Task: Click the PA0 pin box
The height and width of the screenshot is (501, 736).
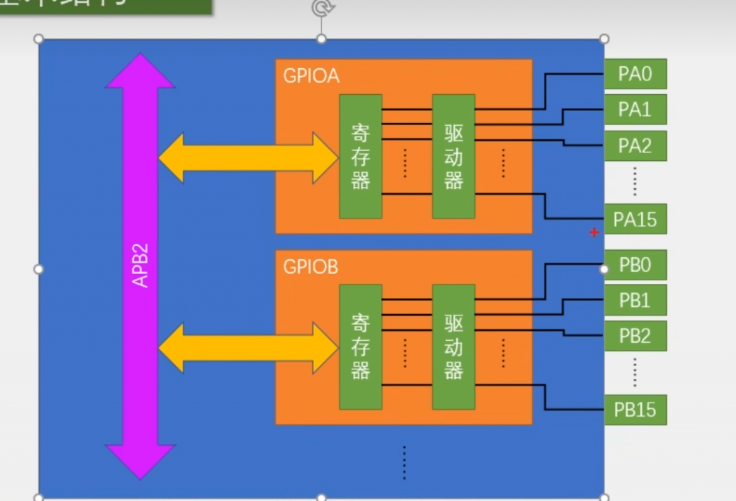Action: coord(635,73)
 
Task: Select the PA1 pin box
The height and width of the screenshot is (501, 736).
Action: coord(635,109)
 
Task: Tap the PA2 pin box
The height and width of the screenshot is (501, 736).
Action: coord(635,145)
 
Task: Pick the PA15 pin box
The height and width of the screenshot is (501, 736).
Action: coord(635,219)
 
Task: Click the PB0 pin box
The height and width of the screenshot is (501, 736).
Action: coord(635,265)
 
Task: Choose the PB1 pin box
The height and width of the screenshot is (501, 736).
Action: coord(635,300)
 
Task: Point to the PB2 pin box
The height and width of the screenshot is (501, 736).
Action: coord(635,336)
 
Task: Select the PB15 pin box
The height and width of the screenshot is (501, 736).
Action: coord(635,410)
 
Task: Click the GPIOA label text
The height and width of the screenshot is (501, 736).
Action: coord(310,76)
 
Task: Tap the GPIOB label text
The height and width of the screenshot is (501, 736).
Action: coord(310,267)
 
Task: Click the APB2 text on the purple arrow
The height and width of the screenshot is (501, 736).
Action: coord(141,266)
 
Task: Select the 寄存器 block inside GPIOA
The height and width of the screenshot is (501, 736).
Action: coord(361,156)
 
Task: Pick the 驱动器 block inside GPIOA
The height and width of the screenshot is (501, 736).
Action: coord(454,156)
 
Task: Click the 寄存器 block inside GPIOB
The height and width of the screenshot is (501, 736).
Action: coord(361,346)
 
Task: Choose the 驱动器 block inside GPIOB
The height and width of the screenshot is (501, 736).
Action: coord(454,346)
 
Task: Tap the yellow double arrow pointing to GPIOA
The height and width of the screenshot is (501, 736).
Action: coord(247,157)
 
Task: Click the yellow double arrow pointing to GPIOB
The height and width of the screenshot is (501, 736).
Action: coord(247,348)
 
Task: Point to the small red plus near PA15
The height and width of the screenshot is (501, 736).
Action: coord(594,232)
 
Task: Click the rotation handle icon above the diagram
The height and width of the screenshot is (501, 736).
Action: coord(321,8)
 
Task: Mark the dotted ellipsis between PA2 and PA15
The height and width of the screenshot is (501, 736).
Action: coord(635,181)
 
